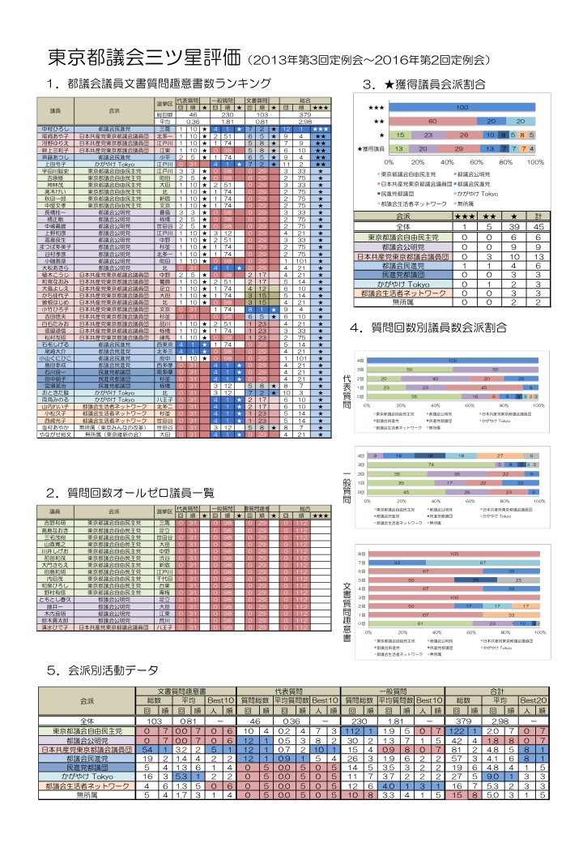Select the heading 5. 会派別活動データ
[x=103, y=671]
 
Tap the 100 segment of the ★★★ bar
[x=462, y=107]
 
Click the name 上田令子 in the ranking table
[x=59, y=163]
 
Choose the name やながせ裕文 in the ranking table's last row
[x=59, y=434]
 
